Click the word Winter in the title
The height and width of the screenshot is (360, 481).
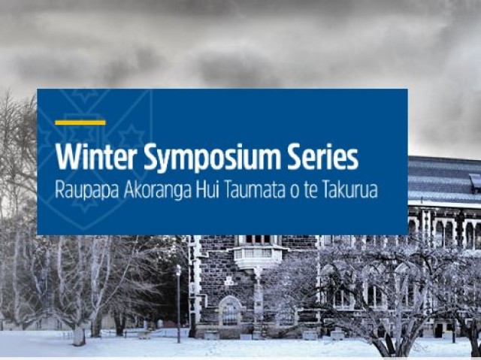[x=95, y=157]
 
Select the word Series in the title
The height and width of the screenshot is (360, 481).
[x=322, y=157]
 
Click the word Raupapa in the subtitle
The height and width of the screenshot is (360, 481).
[x=87, y=190]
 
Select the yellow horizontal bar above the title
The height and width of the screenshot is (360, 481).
[x=80, y=123]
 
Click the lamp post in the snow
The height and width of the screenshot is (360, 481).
[x=179, y=304]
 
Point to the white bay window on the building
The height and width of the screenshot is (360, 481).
[x=259, y=255]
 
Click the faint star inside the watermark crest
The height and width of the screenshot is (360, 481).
[x=131, y=136]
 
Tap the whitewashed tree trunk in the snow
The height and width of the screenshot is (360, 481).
[x=79, y=335]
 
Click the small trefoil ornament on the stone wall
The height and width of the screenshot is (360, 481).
[x=228, y=280]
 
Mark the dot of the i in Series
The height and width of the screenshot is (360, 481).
[x=333, y=147]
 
